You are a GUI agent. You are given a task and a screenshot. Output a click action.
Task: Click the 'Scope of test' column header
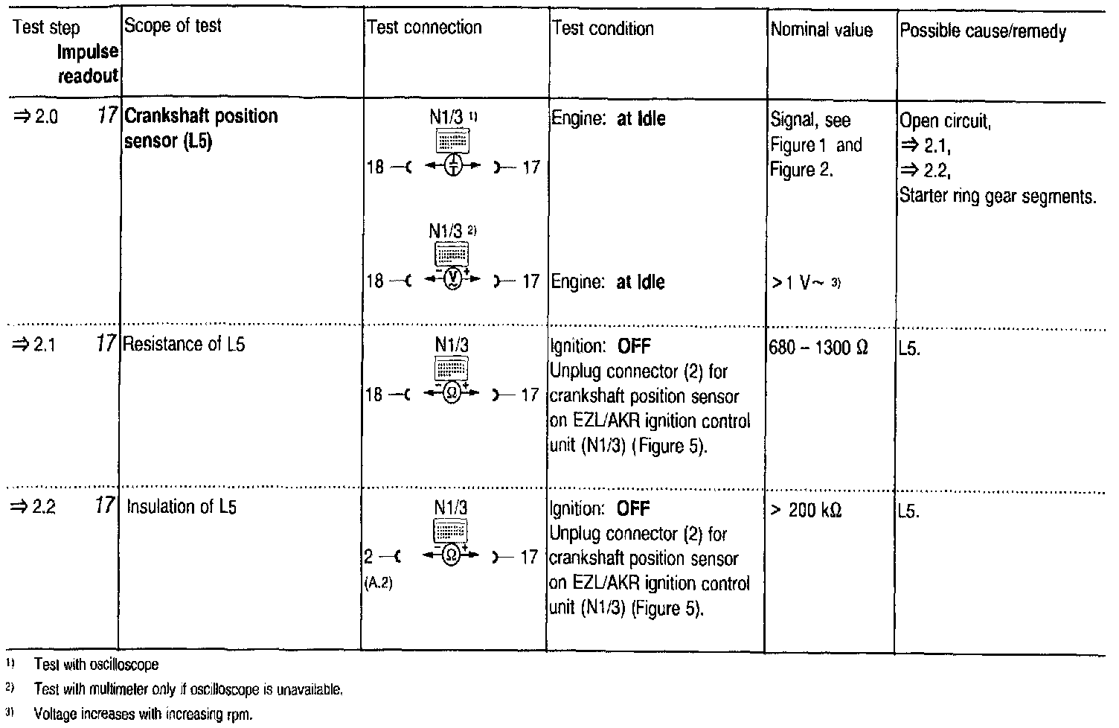[173, 26]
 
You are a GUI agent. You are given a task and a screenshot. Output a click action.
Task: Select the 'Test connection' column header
[424, 28]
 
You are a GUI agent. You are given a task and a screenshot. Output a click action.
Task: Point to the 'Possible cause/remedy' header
[983, 31]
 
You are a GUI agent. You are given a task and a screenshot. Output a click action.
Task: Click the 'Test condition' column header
[603, 29]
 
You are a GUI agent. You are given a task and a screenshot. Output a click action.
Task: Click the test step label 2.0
[36, 116]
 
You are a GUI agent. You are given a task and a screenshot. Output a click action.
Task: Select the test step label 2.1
[36, 344]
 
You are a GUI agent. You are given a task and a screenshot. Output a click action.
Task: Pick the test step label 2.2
[36, 507]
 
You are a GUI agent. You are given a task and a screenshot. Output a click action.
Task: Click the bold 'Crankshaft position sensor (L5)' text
[201, 128]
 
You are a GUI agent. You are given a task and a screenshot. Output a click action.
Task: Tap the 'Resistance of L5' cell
[185, 344]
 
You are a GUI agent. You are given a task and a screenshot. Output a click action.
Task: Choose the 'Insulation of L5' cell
[182, 507]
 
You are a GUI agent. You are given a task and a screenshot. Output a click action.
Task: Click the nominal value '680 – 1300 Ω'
[818, 348]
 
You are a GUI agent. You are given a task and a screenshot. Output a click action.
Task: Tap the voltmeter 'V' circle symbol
[451, 281]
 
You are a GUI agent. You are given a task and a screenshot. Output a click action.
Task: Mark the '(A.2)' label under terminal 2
[378, 584]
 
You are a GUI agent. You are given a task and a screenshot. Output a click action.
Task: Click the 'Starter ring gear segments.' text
[998, 197]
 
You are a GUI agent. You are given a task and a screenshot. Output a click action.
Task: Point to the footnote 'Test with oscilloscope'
[96, 664]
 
